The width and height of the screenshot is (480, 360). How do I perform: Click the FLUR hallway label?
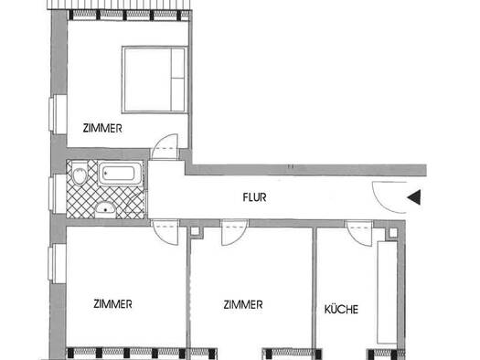254,197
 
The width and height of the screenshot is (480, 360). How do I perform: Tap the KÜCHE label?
341,309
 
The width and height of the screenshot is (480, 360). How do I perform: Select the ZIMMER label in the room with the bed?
102,128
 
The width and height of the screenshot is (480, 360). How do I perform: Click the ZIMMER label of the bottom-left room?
112,304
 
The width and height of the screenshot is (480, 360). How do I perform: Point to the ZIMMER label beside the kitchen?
243,304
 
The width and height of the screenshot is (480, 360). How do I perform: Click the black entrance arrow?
414,197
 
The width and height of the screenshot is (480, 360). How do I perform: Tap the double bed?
155,79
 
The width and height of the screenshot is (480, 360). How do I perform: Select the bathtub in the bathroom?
121,174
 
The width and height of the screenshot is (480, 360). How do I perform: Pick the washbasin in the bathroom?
105,209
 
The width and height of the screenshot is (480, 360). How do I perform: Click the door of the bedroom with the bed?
165,146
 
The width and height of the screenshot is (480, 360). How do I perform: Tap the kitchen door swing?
359,233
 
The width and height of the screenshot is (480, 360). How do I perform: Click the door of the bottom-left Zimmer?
165,232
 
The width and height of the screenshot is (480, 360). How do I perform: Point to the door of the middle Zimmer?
235,232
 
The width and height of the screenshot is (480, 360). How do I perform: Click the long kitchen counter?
387,292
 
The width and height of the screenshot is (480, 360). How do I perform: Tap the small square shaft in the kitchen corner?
393,233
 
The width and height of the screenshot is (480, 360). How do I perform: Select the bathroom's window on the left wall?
58,195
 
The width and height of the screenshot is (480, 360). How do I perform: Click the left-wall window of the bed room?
59,114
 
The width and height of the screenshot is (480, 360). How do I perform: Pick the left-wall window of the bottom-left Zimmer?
58,264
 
